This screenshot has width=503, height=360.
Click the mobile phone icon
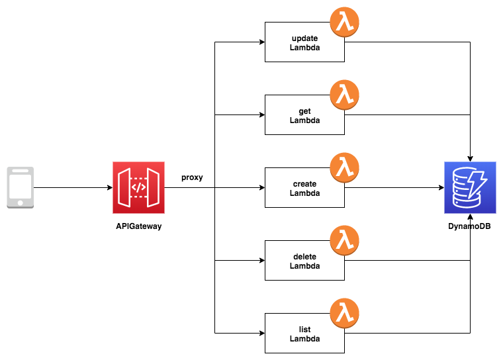(21, 188)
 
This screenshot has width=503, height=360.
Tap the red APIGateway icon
(138, 187)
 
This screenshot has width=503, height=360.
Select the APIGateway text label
(138, 226)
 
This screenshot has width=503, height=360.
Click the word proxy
(192, 177)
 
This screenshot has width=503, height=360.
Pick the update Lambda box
(304, 43)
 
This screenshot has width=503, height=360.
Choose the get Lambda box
(304, 116)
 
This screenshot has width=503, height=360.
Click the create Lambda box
(304, 188)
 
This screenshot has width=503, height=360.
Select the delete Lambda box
(304, 261)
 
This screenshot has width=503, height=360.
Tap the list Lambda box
(304, 334)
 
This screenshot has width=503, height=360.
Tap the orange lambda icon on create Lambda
(344, 168)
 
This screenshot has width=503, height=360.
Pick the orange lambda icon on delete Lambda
(344, 241)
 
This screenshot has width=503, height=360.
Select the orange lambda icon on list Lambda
(344, 314)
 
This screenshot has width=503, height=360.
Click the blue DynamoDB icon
(470, 187)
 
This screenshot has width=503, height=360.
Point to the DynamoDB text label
(470, 226)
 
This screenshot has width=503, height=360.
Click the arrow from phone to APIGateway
(73, 188)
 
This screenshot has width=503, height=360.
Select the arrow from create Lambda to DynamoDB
(394, 188)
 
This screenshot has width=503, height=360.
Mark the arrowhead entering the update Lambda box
(261, 43)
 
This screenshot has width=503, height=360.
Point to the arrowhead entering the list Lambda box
(261, 333)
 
